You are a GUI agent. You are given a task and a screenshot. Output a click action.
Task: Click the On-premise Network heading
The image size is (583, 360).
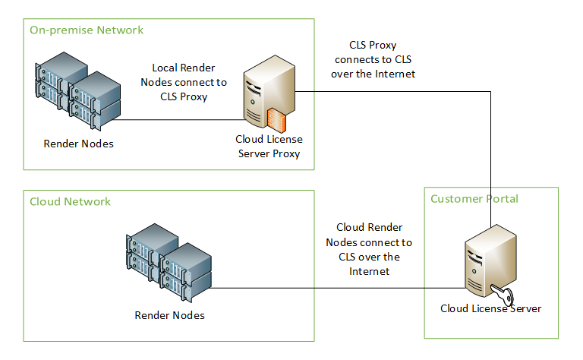coord(86,30)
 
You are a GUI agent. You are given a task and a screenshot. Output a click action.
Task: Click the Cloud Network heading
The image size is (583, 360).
coord(70,201)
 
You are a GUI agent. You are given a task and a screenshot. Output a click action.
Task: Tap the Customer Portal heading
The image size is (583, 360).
coord(474,199)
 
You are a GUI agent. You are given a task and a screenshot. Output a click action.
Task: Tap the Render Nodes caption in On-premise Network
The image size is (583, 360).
coord(78,144)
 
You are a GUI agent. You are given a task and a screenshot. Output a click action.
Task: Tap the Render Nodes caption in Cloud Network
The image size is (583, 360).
coord(169,314)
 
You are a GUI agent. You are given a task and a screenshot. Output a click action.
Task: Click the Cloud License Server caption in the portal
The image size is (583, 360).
coord(490,309)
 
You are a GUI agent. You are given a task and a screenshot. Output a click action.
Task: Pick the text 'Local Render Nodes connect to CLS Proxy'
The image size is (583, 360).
coord(189,81)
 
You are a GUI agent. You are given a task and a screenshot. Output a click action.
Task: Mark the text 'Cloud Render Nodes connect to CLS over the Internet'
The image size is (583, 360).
coord(369,249)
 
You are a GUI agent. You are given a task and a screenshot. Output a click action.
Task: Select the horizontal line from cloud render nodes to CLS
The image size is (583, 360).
coord(334,289)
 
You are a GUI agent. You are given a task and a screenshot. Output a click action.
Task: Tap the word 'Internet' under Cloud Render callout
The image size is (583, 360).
coord(369,271)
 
